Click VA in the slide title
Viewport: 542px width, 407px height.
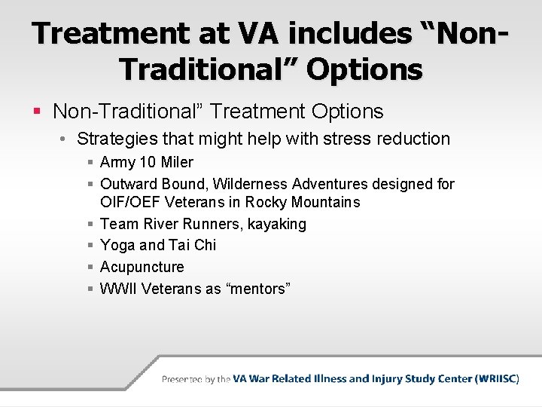pyautogui.click(x=252, y=34)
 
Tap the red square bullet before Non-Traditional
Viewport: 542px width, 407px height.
pyautogui.click(x=38, y=112)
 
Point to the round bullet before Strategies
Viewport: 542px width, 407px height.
pyautogui.click(x=65, y=139)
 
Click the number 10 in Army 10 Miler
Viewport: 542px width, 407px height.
pyautogui.click(x=148, y=162)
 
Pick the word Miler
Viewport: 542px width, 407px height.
pyautogui.click(x=177, y=162)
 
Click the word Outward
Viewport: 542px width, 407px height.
pyautogui.click(x=126, y=184)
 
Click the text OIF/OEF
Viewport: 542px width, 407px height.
pyautogui.click(x=130, y=202)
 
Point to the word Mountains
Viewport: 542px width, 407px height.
pyautogui.click(x=324, y=202)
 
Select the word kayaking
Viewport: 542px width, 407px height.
pyautogui.click(x=278, y=224)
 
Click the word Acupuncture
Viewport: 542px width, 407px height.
pyautogui.click(x=142, y=267)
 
